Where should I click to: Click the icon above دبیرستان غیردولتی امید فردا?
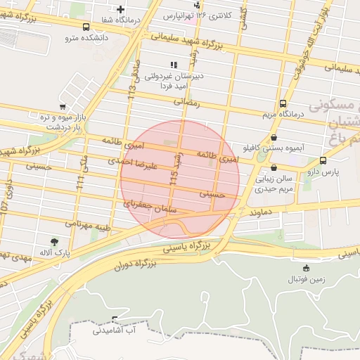pyautogui.click(x=173, y=65)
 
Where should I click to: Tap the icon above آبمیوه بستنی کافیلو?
pyautogui.click(x=274, y=138)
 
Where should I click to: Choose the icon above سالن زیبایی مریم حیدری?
pyautogui.click(x=274, y=168)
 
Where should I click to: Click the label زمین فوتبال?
pyautogui.click(x=306, y=279)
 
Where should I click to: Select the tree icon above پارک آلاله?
pyautogui.click(x=54, y=241)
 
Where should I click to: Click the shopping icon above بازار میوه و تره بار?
pyautogui.click(x=63, y=106)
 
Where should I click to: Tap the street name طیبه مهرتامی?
pyautogui.click(x=89, y=225)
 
